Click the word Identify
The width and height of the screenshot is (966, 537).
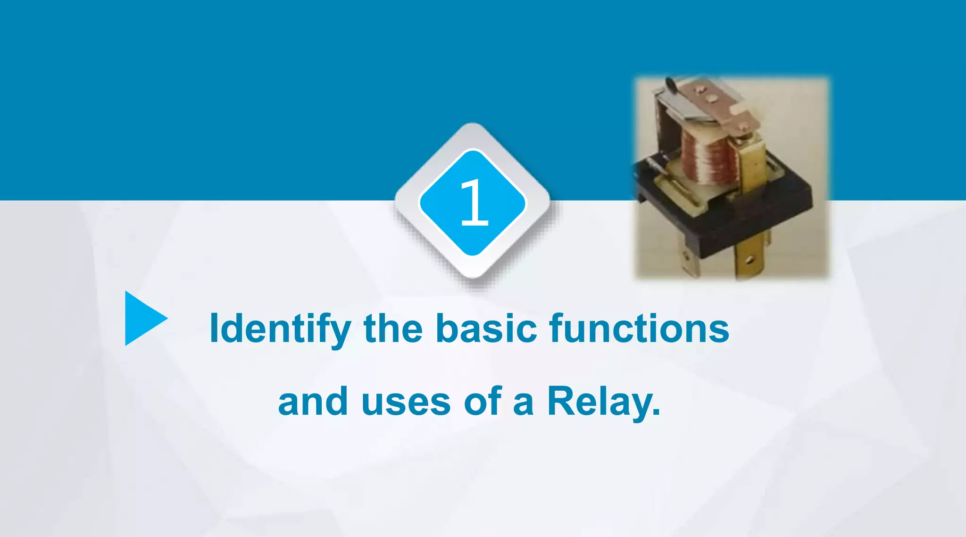point(280,328)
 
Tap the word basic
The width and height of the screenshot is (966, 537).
point(486,328)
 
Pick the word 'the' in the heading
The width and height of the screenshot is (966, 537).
point(393,328)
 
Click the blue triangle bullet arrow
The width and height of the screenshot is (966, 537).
point(142,319)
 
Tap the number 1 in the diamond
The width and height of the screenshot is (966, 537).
point(474,202)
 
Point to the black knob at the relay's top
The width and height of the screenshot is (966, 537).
point(670,84)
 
